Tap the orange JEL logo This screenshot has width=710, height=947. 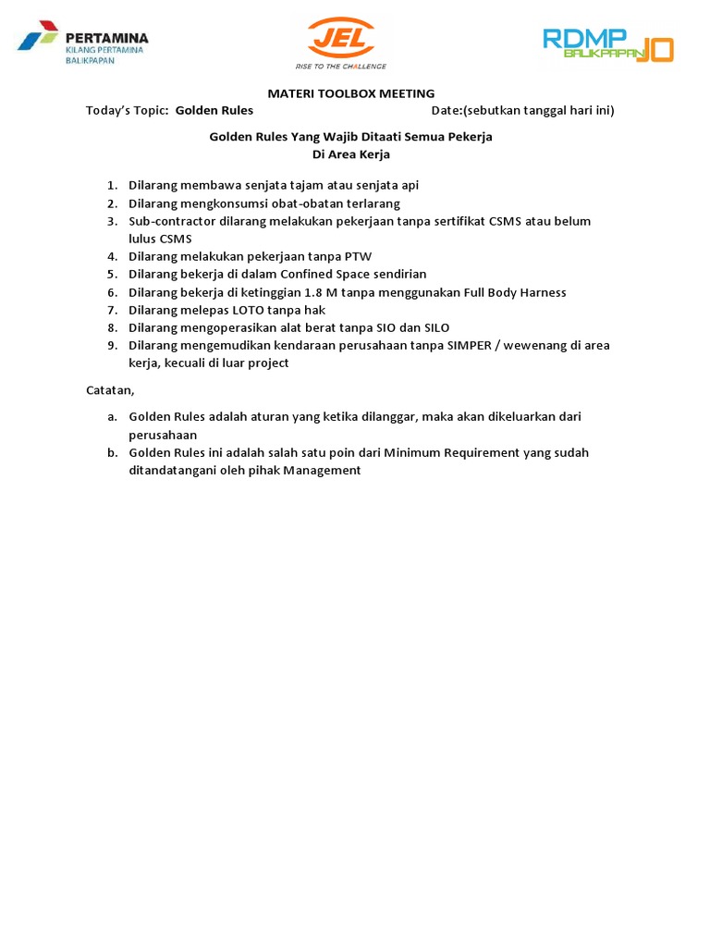340,43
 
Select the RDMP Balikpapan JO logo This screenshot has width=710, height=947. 607,43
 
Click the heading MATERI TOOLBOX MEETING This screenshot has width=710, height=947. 350,93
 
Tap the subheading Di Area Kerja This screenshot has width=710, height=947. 351,154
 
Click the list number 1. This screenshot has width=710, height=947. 111,185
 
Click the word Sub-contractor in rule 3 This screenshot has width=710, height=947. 172,221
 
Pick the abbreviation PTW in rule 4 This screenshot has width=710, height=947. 358,256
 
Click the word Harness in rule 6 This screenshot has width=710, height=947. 542,292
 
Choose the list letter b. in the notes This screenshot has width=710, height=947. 111,452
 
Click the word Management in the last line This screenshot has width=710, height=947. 322,470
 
